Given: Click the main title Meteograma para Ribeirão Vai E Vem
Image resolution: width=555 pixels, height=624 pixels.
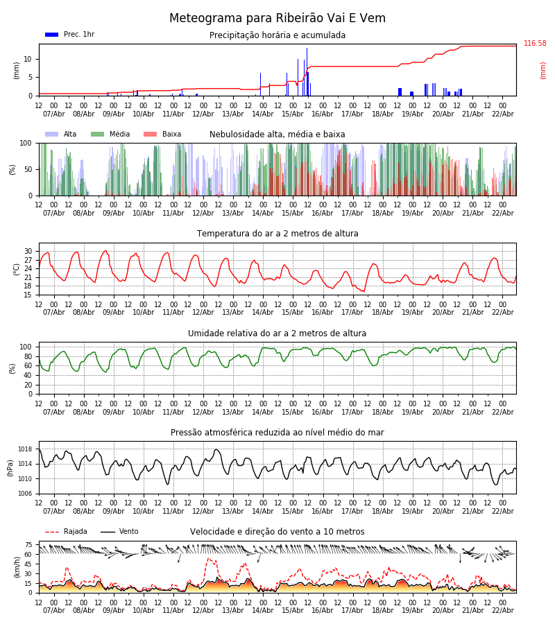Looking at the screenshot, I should click(x=277, y=19).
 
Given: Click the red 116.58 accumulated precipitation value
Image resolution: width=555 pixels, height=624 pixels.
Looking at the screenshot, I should click(x=535, y=44).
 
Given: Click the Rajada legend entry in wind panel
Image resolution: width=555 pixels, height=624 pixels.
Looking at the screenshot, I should click(x=75, y=532).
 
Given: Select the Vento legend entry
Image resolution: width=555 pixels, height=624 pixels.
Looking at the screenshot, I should click(x=128, y=532).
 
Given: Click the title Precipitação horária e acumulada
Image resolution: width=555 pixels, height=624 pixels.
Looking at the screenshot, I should click(x=277, y=35).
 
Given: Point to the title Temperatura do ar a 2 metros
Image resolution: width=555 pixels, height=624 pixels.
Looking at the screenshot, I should click(x=277, y=234).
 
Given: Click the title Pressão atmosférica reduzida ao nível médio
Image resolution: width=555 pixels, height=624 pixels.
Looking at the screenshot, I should click(x=277, y=433).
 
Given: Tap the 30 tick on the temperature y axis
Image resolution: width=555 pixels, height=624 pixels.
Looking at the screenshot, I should click(x=28, y=252).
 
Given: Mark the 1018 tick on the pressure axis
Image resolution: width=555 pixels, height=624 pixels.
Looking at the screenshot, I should click(x=25, y=449).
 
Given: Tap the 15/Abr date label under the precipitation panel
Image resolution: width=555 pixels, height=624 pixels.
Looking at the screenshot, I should click(x=292, y=114).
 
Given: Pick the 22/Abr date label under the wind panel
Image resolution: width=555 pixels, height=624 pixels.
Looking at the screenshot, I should click(x=502, y=611).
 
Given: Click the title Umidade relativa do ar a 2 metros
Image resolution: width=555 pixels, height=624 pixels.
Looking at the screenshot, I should click(x=277, y=333).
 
